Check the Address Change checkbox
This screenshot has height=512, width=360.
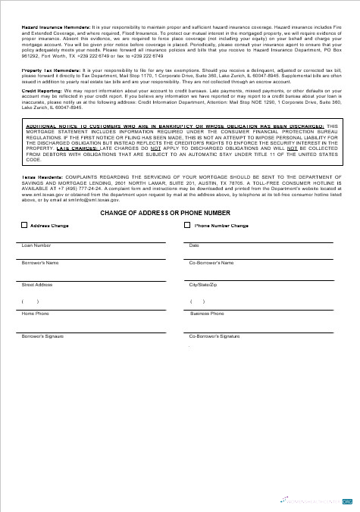pyautogui.click(x=25, y=225)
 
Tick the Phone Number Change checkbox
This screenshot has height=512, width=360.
pyautogui.click(x=187, y=225)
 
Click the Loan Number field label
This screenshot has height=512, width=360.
pyautogui.click(x=36, y=245)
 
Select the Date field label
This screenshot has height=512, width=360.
pyautogui.click(x=194, y=245)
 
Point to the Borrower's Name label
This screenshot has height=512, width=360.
pyautogui.click(x=40, y=263)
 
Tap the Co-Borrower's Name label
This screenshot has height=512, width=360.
pyautogui.click(x=211, y=263)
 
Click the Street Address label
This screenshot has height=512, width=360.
pyautogui.click(x=37, y=284)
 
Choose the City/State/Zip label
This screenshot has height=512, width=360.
pyautogui.click(x=203, y=284)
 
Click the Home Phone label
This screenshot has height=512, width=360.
pyautogui.click(x=35, y=313)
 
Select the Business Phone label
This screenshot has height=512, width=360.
pyautogui.click(x=207, y=313)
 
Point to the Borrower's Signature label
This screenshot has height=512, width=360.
pyautogui.click(x=43, y=335)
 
